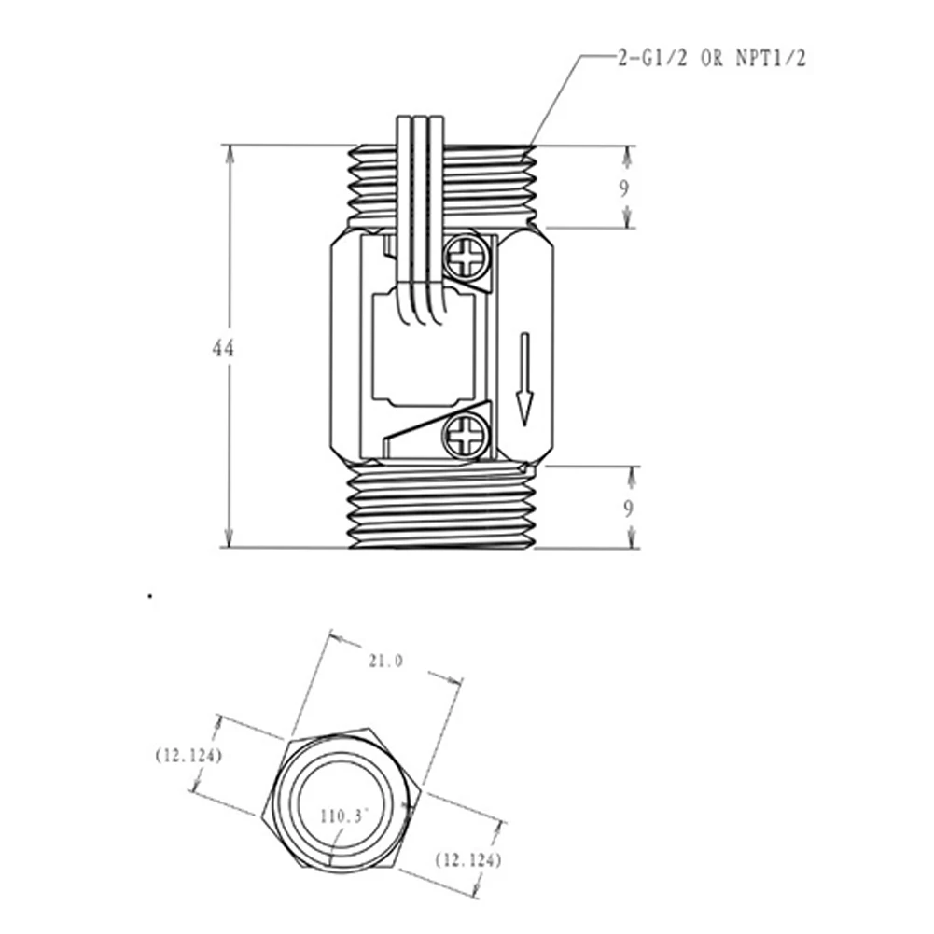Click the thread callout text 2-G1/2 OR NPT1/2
(x=712, y=59)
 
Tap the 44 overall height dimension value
(x=223, y=348)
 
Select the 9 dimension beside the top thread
(x=623, y=188)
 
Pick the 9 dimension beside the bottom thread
(x=628, y=509)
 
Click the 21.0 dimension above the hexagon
(x=385, y=661)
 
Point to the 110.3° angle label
(x=344, y=816)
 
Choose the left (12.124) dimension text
(x=188, y=755)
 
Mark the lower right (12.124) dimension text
(x=467, y=860)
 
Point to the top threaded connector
(x=441, y=186)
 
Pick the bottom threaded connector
(x=441, y=507)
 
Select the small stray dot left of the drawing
(x=151, y=595)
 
